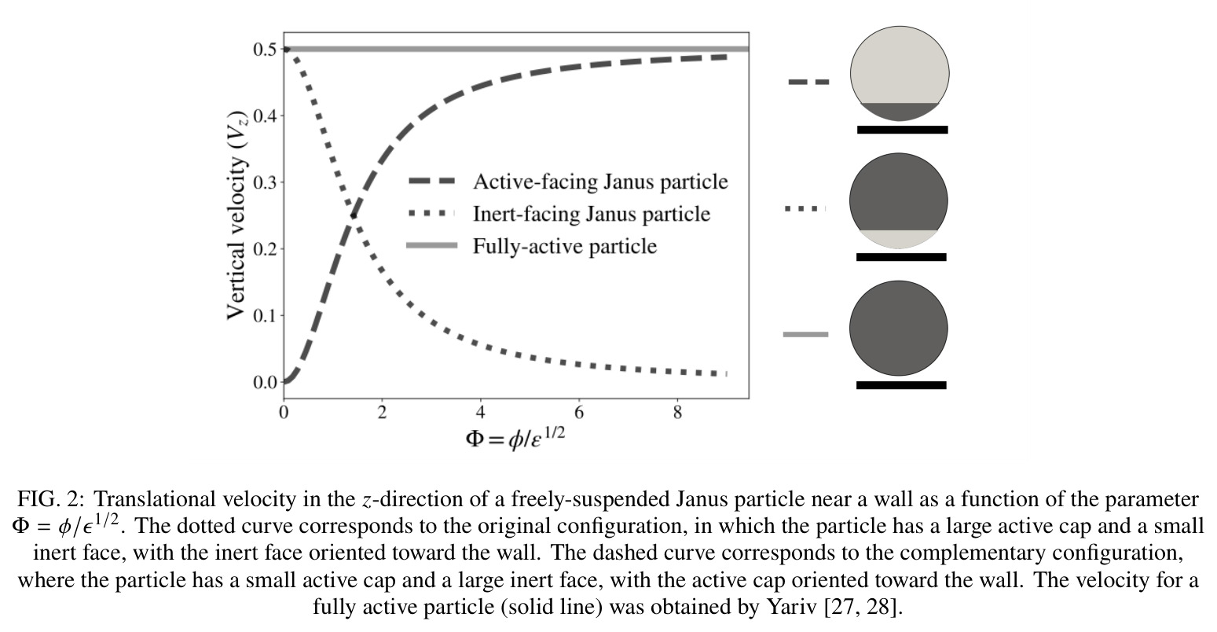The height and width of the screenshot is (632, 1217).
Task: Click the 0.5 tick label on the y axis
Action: tap(265, 50)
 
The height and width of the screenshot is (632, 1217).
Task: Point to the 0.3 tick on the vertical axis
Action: tap(265, 182)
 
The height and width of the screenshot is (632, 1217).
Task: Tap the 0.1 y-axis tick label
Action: tap(265, 316)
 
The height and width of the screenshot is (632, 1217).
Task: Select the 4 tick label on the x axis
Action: tap(481, 413)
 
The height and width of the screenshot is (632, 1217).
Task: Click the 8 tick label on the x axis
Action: tap(677, 413)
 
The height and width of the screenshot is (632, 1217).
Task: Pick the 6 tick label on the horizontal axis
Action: tap(579, 413)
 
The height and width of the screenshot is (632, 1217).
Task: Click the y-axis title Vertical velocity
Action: tap(237, 215)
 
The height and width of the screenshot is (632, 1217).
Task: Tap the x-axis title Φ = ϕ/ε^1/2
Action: tap(515, 438)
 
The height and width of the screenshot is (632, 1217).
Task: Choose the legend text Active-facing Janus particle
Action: tap(600, 182)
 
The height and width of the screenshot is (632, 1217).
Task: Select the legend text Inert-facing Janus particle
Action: tap(592, 214)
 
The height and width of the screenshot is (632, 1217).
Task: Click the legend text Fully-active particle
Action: tap(565, 246)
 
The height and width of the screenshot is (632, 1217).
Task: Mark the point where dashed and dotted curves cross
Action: tap(354, 215)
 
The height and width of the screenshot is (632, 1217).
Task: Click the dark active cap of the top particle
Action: tap(900, 111)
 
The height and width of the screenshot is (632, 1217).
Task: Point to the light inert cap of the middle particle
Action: tap(899, 238)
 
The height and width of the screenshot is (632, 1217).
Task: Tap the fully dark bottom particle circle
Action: tap(899, 329)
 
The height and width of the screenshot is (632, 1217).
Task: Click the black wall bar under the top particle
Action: tap(903, 130)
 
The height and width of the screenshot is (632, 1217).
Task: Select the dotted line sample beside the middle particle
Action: tap(805, 208)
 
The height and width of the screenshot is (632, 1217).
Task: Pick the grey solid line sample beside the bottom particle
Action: tap(806, 335)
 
